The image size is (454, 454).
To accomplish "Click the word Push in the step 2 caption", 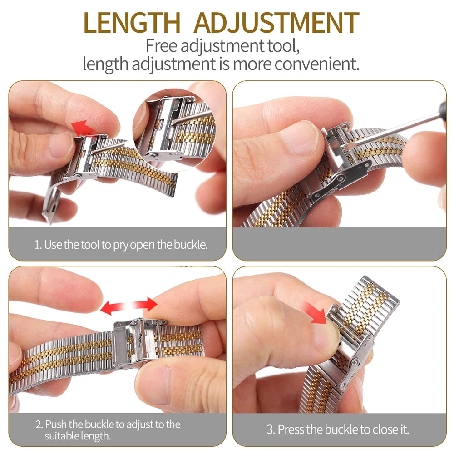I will coord(56,425).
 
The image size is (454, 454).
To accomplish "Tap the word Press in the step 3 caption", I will coord(291,429).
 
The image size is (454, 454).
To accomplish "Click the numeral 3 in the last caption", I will coord(271,429).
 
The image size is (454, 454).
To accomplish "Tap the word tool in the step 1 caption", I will coord(89,245).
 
